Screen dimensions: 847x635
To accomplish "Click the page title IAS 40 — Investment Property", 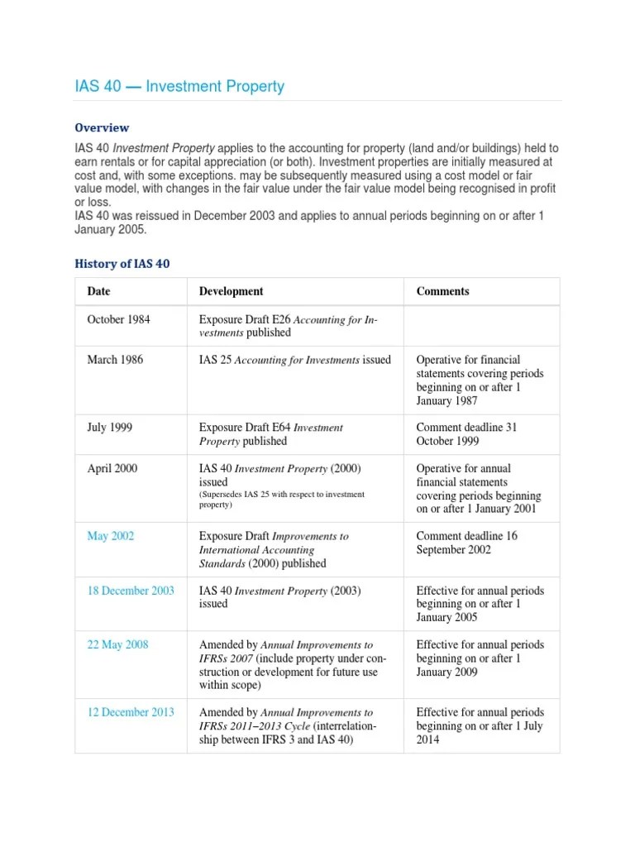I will tap(179, 87).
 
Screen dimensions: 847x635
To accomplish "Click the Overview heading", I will tap(102, 127).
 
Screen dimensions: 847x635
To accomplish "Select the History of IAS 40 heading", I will tap(122, 263).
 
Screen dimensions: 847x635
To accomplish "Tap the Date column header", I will tap(98, 291).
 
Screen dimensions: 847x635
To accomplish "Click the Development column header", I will tap(231, 291).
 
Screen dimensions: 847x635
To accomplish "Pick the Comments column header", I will tap(442, 291).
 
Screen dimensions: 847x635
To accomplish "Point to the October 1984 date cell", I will tap(118, 319).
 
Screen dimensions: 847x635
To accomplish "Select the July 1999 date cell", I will tap(109, 428).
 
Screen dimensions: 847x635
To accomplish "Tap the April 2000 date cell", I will tap(112, 468).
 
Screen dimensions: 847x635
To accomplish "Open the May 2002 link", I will tap(110, 536).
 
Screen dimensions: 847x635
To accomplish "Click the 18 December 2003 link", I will tap(131, 591).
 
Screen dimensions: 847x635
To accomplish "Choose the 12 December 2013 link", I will tap(131, 712).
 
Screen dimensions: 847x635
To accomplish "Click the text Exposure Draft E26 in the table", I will tap(245, 319).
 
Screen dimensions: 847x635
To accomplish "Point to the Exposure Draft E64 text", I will tap(245, 428).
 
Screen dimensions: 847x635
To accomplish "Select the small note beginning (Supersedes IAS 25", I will tap(281, 500).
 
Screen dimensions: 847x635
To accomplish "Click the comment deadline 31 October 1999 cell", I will tap(466, 434).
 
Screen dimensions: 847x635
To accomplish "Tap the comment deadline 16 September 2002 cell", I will tap(466, 543).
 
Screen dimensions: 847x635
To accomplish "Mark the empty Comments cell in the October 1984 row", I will tap(481, 325).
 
